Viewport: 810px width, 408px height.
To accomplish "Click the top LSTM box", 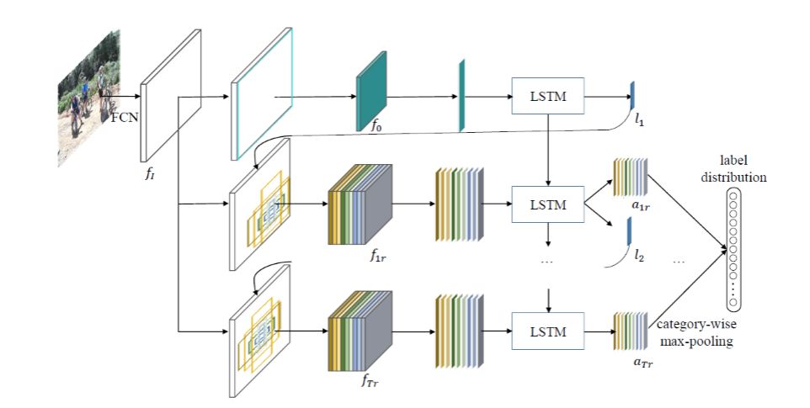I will tap(548, 98).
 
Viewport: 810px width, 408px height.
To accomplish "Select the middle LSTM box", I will tap(548, 204).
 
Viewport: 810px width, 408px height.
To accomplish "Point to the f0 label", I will tap(376, 129).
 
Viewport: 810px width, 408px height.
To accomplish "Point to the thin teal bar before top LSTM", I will tap(461, 96).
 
